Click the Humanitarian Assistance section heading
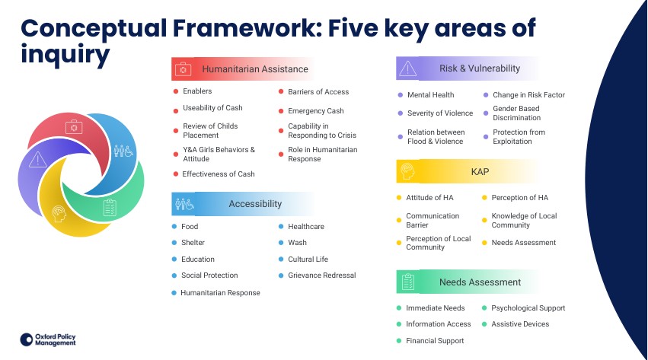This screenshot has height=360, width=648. [x=254, y=69]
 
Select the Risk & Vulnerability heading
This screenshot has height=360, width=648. [x=479, y=68]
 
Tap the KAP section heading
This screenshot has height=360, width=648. [x=480, y=172]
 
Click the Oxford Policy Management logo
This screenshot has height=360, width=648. [x=48, y=339]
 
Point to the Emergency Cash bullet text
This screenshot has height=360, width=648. [x=315, y=111]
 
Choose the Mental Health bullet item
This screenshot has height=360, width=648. [x=430, y=95]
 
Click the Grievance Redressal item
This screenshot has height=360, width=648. [x=321, y=276]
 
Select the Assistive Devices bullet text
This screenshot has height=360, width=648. [x=520, y=324]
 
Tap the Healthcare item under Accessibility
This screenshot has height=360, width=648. [x=305, y=227]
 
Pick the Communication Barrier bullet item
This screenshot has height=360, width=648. [x=433, y=221]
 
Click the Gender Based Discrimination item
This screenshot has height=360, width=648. [x=516, y=113]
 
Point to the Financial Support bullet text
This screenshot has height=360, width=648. [x=435, y=341]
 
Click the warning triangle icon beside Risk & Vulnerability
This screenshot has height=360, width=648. [x=407, y=68]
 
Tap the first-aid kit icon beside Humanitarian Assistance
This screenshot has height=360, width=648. [x=183, y=69]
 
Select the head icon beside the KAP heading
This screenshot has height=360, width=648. [x=407, y=171]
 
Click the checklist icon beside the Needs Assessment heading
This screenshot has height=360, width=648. [x=407, y=282]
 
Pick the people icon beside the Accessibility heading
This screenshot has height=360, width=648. [x=184, y=204]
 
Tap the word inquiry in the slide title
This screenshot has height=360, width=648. [x=65, y=54]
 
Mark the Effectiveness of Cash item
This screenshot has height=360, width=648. [x=219, y=174]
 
